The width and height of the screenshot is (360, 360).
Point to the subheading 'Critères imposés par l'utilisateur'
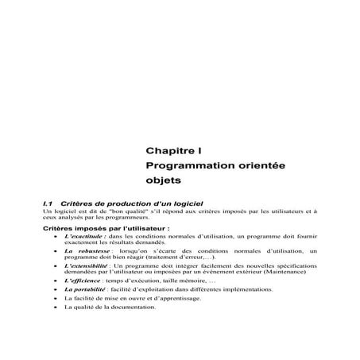[106, 228]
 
